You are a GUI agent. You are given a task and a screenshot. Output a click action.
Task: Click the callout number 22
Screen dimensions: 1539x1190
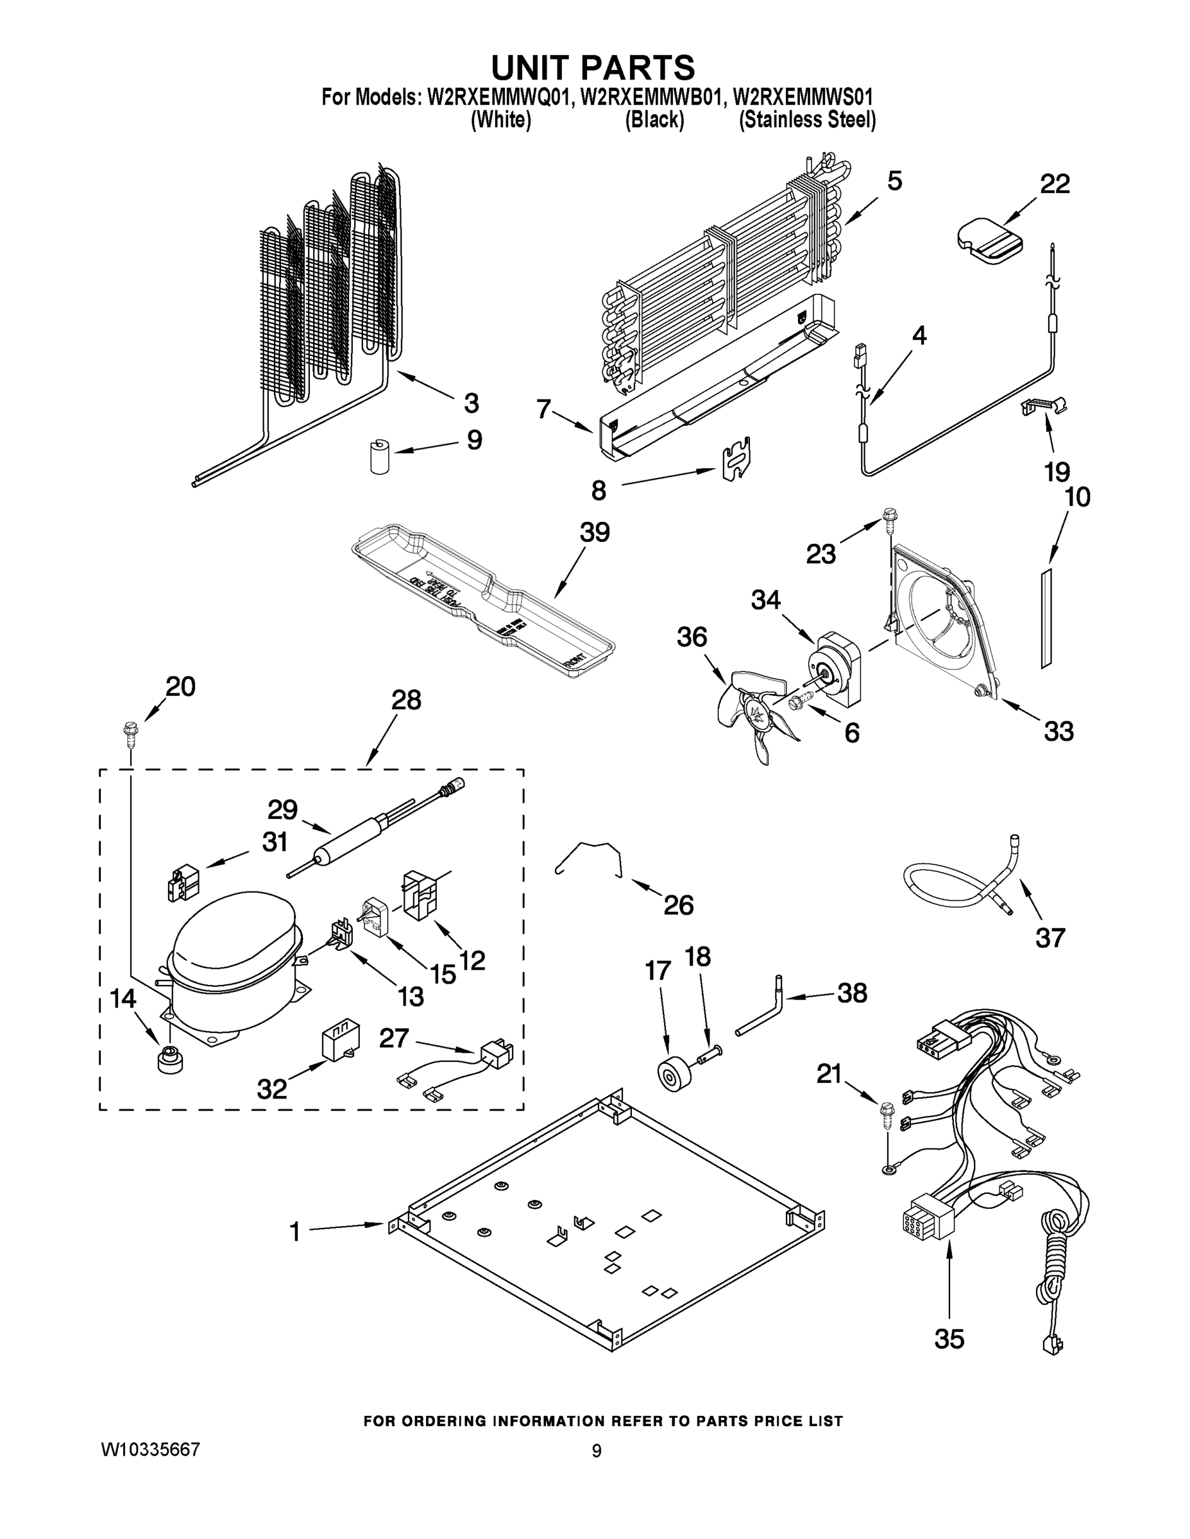[x=1055, y=185]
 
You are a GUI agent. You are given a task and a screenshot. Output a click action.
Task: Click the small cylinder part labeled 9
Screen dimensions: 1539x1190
[x=380, y=456]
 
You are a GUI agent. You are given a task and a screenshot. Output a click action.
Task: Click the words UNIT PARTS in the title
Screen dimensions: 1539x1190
[x=593, y=67]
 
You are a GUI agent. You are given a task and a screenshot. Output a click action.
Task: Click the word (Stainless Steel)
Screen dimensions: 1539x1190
[x=807, y=120]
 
